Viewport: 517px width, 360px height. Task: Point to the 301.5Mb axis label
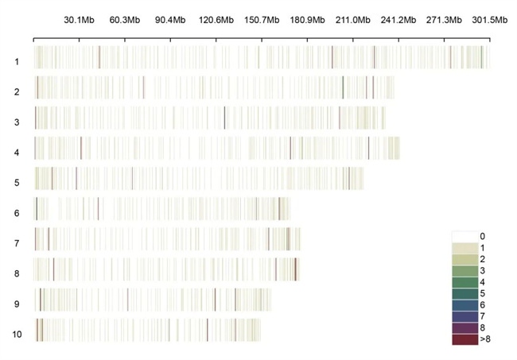tap(489, 20)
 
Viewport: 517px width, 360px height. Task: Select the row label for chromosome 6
tap(17, 212)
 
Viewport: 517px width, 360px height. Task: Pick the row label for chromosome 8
tap(17, 273)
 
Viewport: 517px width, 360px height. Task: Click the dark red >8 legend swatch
tap(465, 339)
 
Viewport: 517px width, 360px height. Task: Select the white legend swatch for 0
tap(465, 236)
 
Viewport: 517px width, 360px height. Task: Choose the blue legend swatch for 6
tap(465, 304)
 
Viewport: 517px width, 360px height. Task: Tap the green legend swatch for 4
tap(465, 281)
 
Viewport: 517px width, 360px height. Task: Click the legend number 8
tap(481, 327)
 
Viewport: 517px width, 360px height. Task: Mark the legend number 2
tap(481, 259)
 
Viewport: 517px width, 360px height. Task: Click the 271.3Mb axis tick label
tap(444, 20)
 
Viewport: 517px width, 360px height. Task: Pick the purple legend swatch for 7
tap(465, 316)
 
